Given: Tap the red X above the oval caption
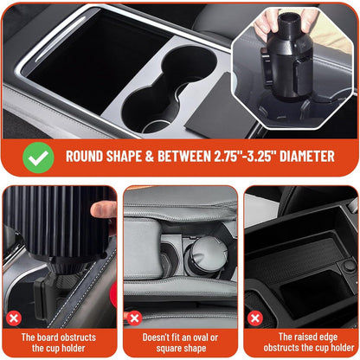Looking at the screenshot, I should (134, 318).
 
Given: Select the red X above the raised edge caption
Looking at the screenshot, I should (254, 318).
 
